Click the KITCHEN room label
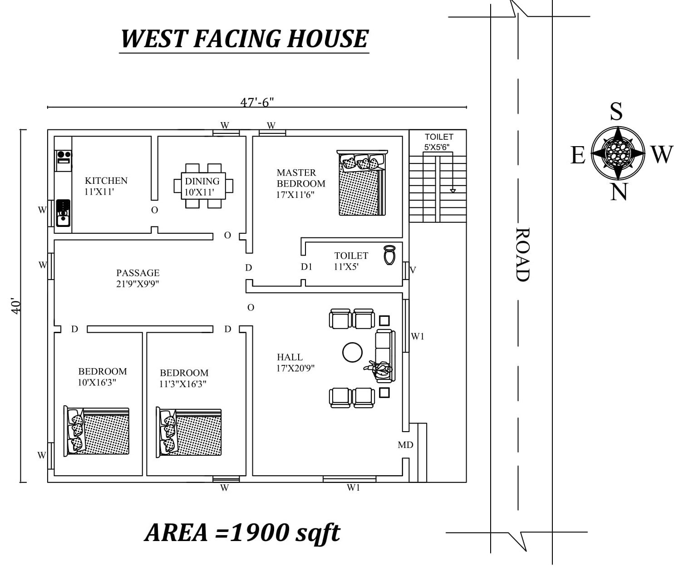tap(106, 181)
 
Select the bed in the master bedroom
tap(362, 183)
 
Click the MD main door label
tap(405, 445)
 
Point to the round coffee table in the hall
tap(352, 352)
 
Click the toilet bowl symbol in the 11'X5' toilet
tap(389, 255)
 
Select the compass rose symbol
tap(618, 153)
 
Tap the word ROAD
tap(523, 255)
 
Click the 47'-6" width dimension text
tap(257, 102)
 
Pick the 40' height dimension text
tap(16, 306)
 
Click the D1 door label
tap(306, 267)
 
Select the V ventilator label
tap(413, 270)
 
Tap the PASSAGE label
tap(138, 273)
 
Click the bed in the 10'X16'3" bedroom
tap(97, 431)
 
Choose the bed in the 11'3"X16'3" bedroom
tap(189, 432)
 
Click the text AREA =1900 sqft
tap(242, 532)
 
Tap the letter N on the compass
tap(618, 192)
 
